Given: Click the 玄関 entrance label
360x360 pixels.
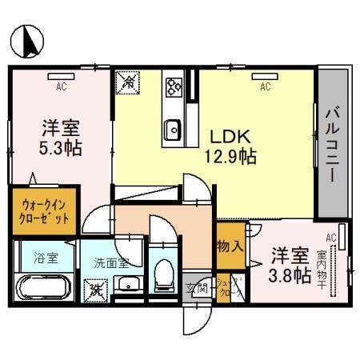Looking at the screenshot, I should pyautogui.click(x=196, y=289).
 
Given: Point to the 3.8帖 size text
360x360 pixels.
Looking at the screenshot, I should pyautogui.click(x=290, y=276).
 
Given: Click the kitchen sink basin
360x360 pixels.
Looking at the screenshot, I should pyautogui.click(x=173, y=127).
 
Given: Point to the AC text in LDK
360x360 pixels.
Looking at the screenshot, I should pyautogui.click(x=264, y=86).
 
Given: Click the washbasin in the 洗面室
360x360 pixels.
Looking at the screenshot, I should pyautogui.click(x=127, y=283).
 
